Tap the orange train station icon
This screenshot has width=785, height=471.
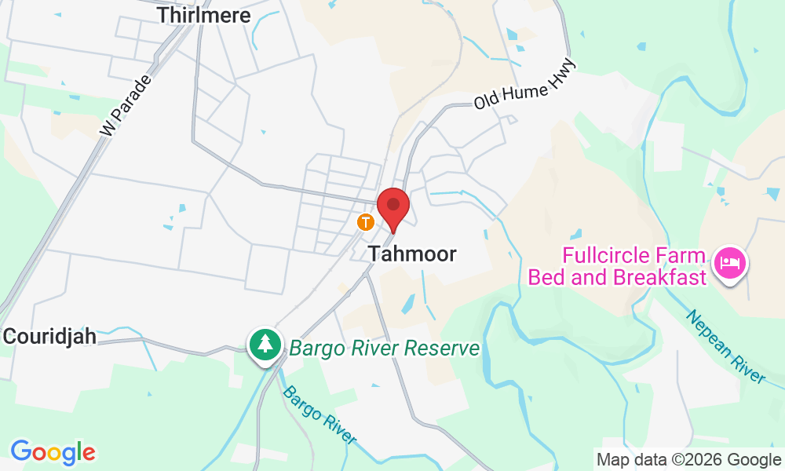point(365,222)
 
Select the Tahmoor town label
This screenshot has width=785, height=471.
point(413,254)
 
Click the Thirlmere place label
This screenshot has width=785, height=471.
point(203,15)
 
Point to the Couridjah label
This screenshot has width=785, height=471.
point(49,337)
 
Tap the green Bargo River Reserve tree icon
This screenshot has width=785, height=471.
point(266,344)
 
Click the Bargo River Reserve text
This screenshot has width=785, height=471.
point(384,348)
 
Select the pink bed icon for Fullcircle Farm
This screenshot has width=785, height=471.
point(731,261)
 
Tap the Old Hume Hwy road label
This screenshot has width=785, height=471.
point(524,84)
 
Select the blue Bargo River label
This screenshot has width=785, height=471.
point(319,414)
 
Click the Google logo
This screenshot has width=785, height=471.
point(53,452)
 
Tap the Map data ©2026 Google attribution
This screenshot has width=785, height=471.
point(688,459)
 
